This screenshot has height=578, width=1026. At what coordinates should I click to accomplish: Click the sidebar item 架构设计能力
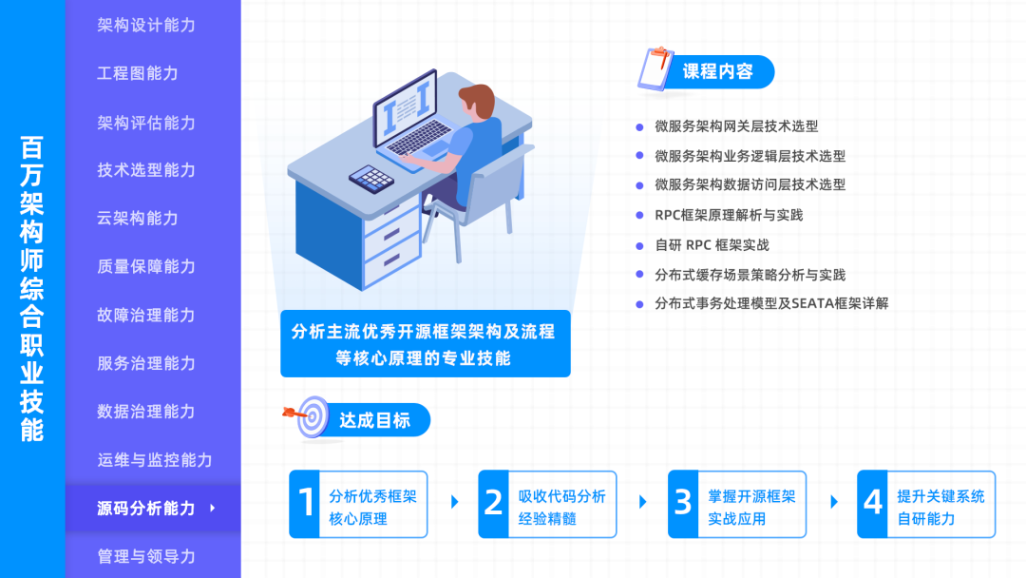145,25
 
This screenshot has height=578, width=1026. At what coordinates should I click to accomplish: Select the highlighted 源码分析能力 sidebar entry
145,508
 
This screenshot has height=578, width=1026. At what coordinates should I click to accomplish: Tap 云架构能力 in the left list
137,218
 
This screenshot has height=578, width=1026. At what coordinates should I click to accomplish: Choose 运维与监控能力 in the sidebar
154,460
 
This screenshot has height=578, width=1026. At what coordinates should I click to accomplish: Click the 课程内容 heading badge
717,71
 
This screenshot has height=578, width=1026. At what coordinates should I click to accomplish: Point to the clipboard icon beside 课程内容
655,69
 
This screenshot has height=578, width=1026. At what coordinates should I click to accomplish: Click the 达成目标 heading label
374,420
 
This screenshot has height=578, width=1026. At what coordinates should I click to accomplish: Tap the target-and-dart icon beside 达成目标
310,416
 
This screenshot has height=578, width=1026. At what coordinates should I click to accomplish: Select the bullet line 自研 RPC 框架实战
712,245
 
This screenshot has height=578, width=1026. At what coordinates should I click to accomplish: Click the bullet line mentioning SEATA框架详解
771,304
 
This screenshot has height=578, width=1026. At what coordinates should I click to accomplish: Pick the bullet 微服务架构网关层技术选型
736,125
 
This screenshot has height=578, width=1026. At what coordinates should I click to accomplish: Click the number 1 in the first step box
306,504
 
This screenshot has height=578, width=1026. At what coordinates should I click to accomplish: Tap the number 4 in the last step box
873,504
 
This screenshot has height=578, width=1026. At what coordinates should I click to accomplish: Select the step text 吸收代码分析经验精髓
561,508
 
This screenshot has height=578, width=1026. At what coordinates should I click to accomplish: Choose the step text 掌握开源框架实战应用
751,508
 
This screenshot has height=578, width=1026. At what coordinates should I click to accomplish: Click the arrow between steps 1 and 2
454,502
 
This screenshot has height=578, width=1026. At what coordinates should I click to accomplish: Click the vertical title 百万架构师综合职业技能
32,289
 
